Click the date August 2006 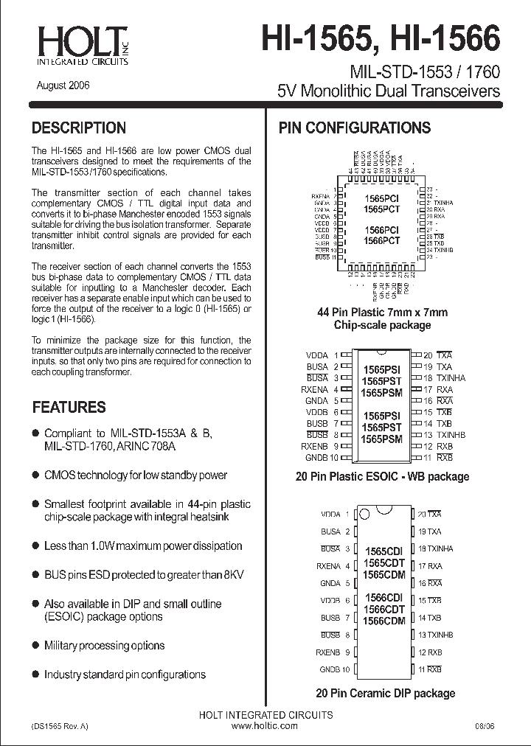tap(63, 85)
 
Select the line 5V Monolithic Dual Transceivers tap(388, 91)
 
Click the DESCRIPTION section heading tap(79, 128)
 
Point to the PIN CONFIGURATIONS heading tap(354, 128)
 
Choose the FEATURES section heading tap(69, 407)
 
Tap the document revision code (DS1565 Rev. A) tap(60, 726)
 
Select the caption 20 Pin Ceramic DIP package tap(385, 693)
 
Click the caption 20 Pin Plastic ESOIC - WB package tap(382, 476)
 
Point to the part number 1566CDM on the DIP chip tap(384, 621)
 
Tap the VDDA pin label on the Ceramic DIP tap(330, 515)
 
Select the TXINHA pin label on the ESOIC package tap(451, 378)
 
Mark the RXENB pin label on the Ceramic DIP tap(328, 652)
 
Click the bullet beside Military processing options tap(35, 645)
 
